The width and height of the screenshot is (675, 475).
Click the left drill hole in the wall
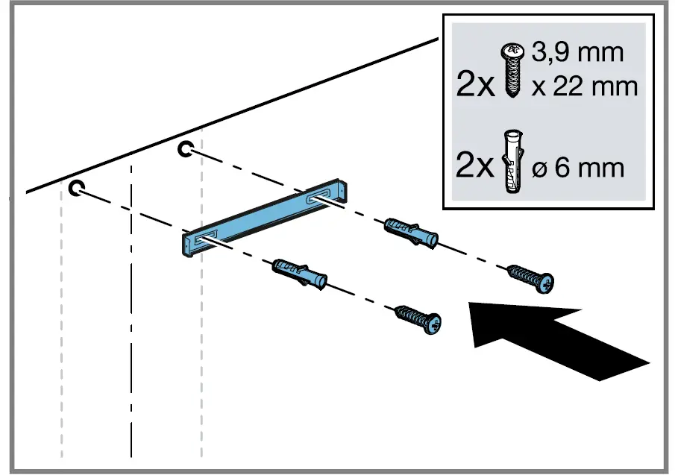coord(76,187)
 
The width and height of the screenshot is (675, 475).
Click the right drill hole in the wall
coord(184,150)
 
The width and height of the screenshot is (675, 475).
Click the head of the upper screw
coord(547,282)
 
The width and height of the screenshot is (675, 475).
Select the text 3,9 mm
coord(577,54)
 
